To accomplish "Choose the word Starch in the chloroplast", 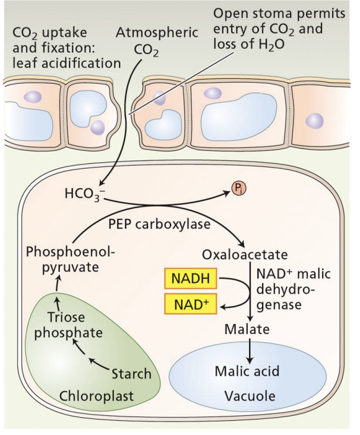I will click(131, 374).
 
